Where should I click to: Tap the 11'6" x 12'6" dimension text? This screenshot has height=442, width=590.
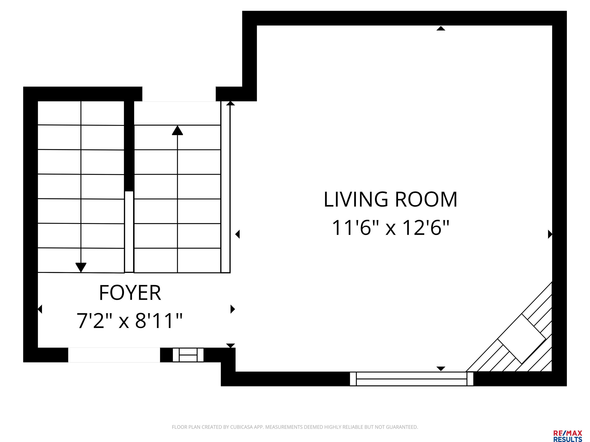pyautogui.click(x=390, y=228)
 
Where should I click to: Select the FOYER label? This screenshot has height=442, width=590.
pyautogui.click(x=130, y=293)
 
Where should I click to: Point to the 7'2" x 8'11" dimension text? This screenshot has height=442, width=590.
pyautogui.click(x=130, y=321)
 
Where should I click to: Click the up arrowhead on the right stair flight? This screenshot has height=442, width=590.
pyautogui.click(x=177, y=130)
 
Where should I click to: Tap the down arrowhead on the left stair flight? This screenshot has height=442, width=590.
pyautogui.click(x=81, y=267)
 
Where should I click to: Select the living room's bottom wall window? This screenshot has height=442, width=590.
pyautogui.click(x=412, y=379)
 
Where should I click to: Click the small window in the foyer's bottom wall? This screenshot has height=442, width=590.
pyautogui.click(x=188, y=355)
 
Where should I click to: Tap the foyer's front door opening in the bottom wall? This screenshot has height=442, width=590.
pyautogui.click(x=114, y=355)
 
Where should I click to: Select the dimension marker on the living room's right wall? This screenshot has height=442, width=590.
pyautogui.click(x=550, y=234)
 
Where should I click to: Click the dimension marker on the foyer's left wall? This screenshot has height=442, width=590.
pyautogui.click(x=40, y=309)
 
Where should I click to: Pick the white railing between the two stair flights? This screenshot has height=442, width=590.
pyautogui.click(x=129, y=232)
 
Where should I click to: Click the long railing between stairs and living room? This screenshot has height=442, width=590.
pyautogui.click(x=225, y=187)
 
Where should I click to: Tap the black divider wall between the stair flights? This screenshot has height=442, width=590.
pyautogui.click(x=129, y=146)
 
